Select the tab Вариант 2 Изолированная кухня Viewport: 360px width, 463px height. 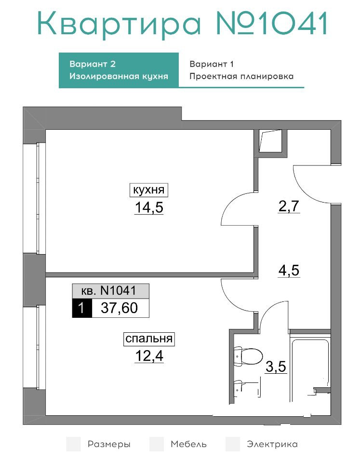click(119, 70)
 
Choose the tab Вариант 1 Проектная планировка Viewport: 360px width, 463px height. click(241, 70)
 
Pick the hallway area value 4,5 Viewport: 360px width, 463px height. click(289, 270)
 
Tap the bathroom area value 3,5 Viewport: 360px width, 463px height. click(276, 366)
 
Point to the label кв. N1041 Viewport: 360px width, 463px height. click(110, 291)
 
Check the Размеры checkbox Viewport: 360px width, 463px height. click(74, 444)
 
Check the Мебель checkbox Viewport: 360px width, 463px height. click(157, 444)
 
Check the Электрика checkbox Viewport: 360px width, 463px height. click(233, 444)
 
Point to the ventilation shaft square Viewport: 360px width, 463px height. click(271, 141)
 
